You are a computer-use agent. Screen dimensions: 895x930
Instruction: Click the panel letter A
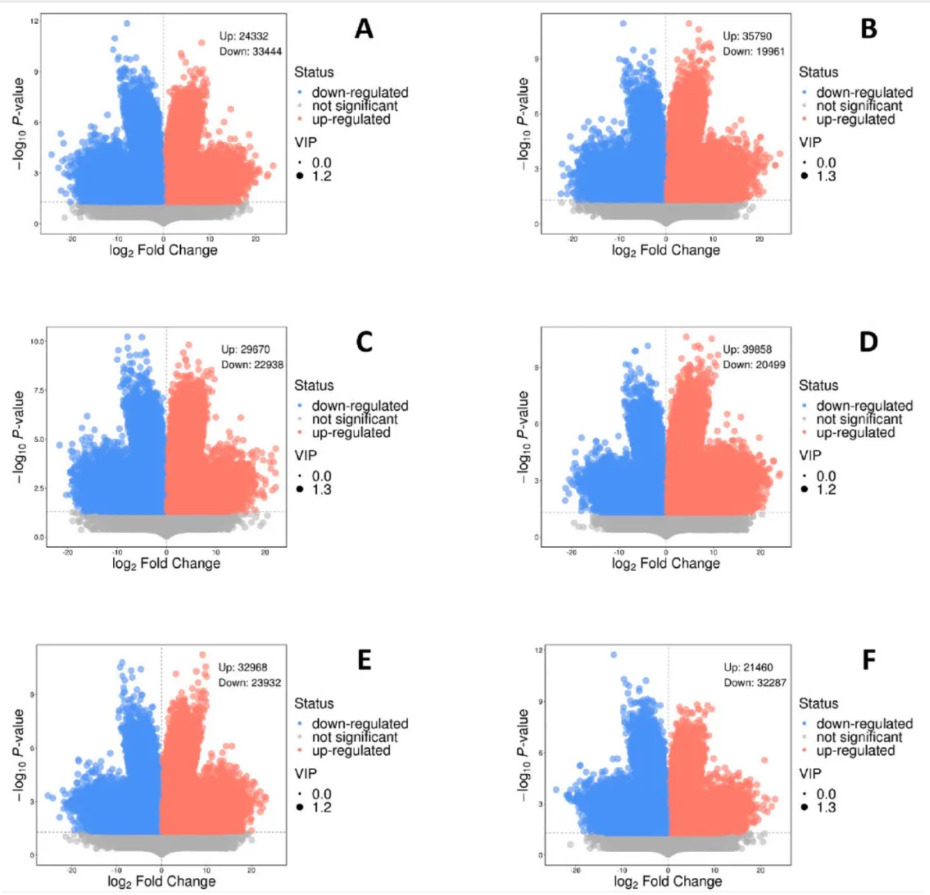[x=364, y=29]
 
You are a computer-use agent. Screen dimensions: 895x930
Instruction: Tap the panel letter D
[x=869, y=342]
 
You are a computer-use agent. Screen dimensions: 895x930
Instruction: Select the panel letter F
[x=869, y=660]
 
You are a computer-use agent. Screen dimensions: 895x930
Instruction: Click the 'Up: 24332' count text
[x=243, y=36]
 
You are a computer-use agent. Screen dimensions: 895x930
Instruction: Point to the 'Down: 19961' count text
[x=754, y=52]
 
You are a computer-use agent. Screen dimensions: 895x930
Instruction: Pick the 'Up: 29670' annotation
[x=245, y=350]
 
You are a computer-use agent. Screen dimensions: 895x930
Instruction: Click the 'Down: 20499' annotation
[x=754, y=365]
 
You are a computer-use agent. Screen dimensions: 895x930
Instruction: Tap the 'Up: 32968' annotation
[x=243, y=668]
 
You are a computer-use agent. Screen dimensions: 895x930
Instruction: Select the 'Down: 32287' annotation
[x=755, y=683]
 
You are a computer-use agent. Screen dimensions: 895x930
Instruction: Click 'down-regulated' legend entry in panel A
[x=360, y=92]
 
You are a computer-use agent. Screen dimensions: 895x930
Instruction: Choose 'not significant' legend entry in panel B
[x=859, y=106]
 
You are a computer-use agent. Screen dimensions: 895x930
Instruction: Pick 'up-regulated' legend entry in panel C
[x=351, y=433]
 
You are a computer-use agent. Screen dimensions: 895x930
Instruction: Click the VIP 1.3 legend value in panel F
[x=826, y=808]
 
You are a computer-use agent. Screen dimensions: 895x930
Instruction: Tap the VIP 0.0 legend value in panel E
[x=322, y=794]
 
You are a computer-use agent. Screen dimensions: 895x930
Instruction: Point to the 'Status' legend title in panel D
[x=819, y=386]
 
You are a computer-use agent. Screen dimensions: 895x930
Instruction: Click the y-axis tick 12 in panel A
[x=34, y=21]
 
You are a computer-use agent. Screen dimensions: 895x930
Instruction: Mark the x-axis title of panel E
[x=162, y=881]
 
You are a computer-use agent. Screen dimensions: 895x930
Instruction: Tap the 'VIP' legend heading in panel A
[x=306, y=142]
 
